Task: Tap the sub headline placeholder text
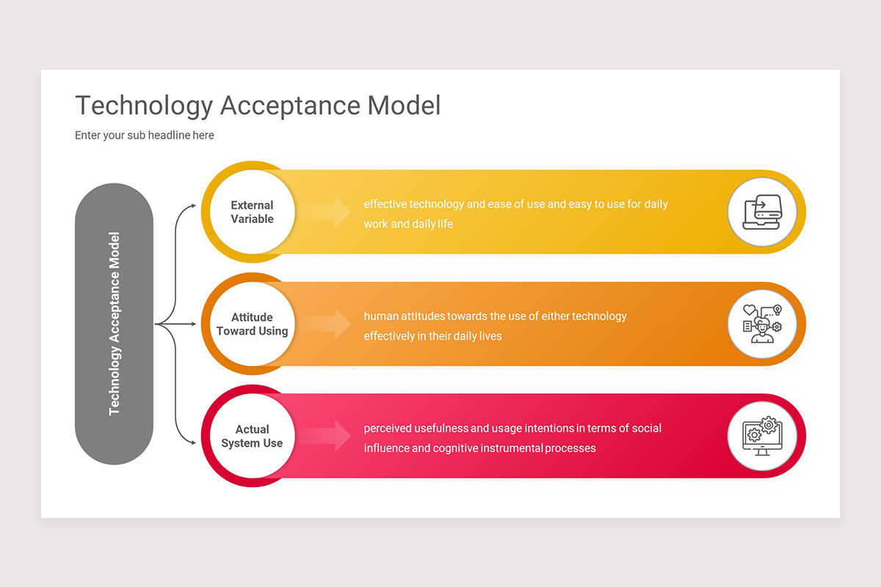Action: click(x=144, y=135)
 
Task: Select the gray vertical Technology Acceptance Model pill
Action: click(x=114, y=324)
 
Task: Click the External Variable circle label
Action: click(x=252, y=212)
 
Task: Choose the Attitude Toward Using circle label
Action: click(x=252, y=324)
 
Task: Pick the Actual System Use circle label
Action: click(x=252, y=436)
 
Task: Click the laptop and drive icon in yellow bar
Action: click(x=762, y=212)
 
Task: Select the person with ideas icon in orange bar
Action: click(x=762, y=324)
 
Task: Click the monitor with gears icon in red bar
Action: click(x=762, y=436)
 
